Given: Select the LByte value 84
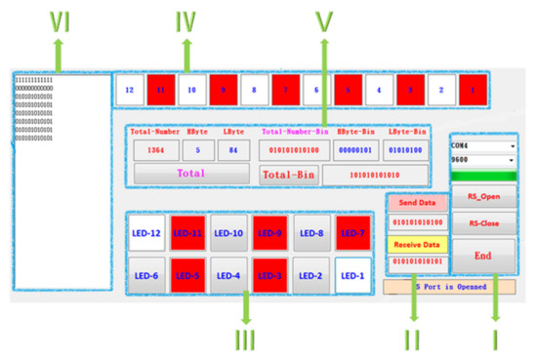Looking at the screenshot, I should click(x=233, y=150).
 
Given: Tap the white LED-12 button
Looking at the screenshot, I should click(x=146, y=233).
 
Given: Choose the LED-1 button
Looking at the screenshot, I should click(x=352, y=275).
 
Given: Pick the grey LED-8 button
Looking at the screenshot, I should click(x=311, y=233).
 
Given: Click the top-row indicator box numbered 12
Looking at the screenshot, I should click(x=130, y=89).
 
